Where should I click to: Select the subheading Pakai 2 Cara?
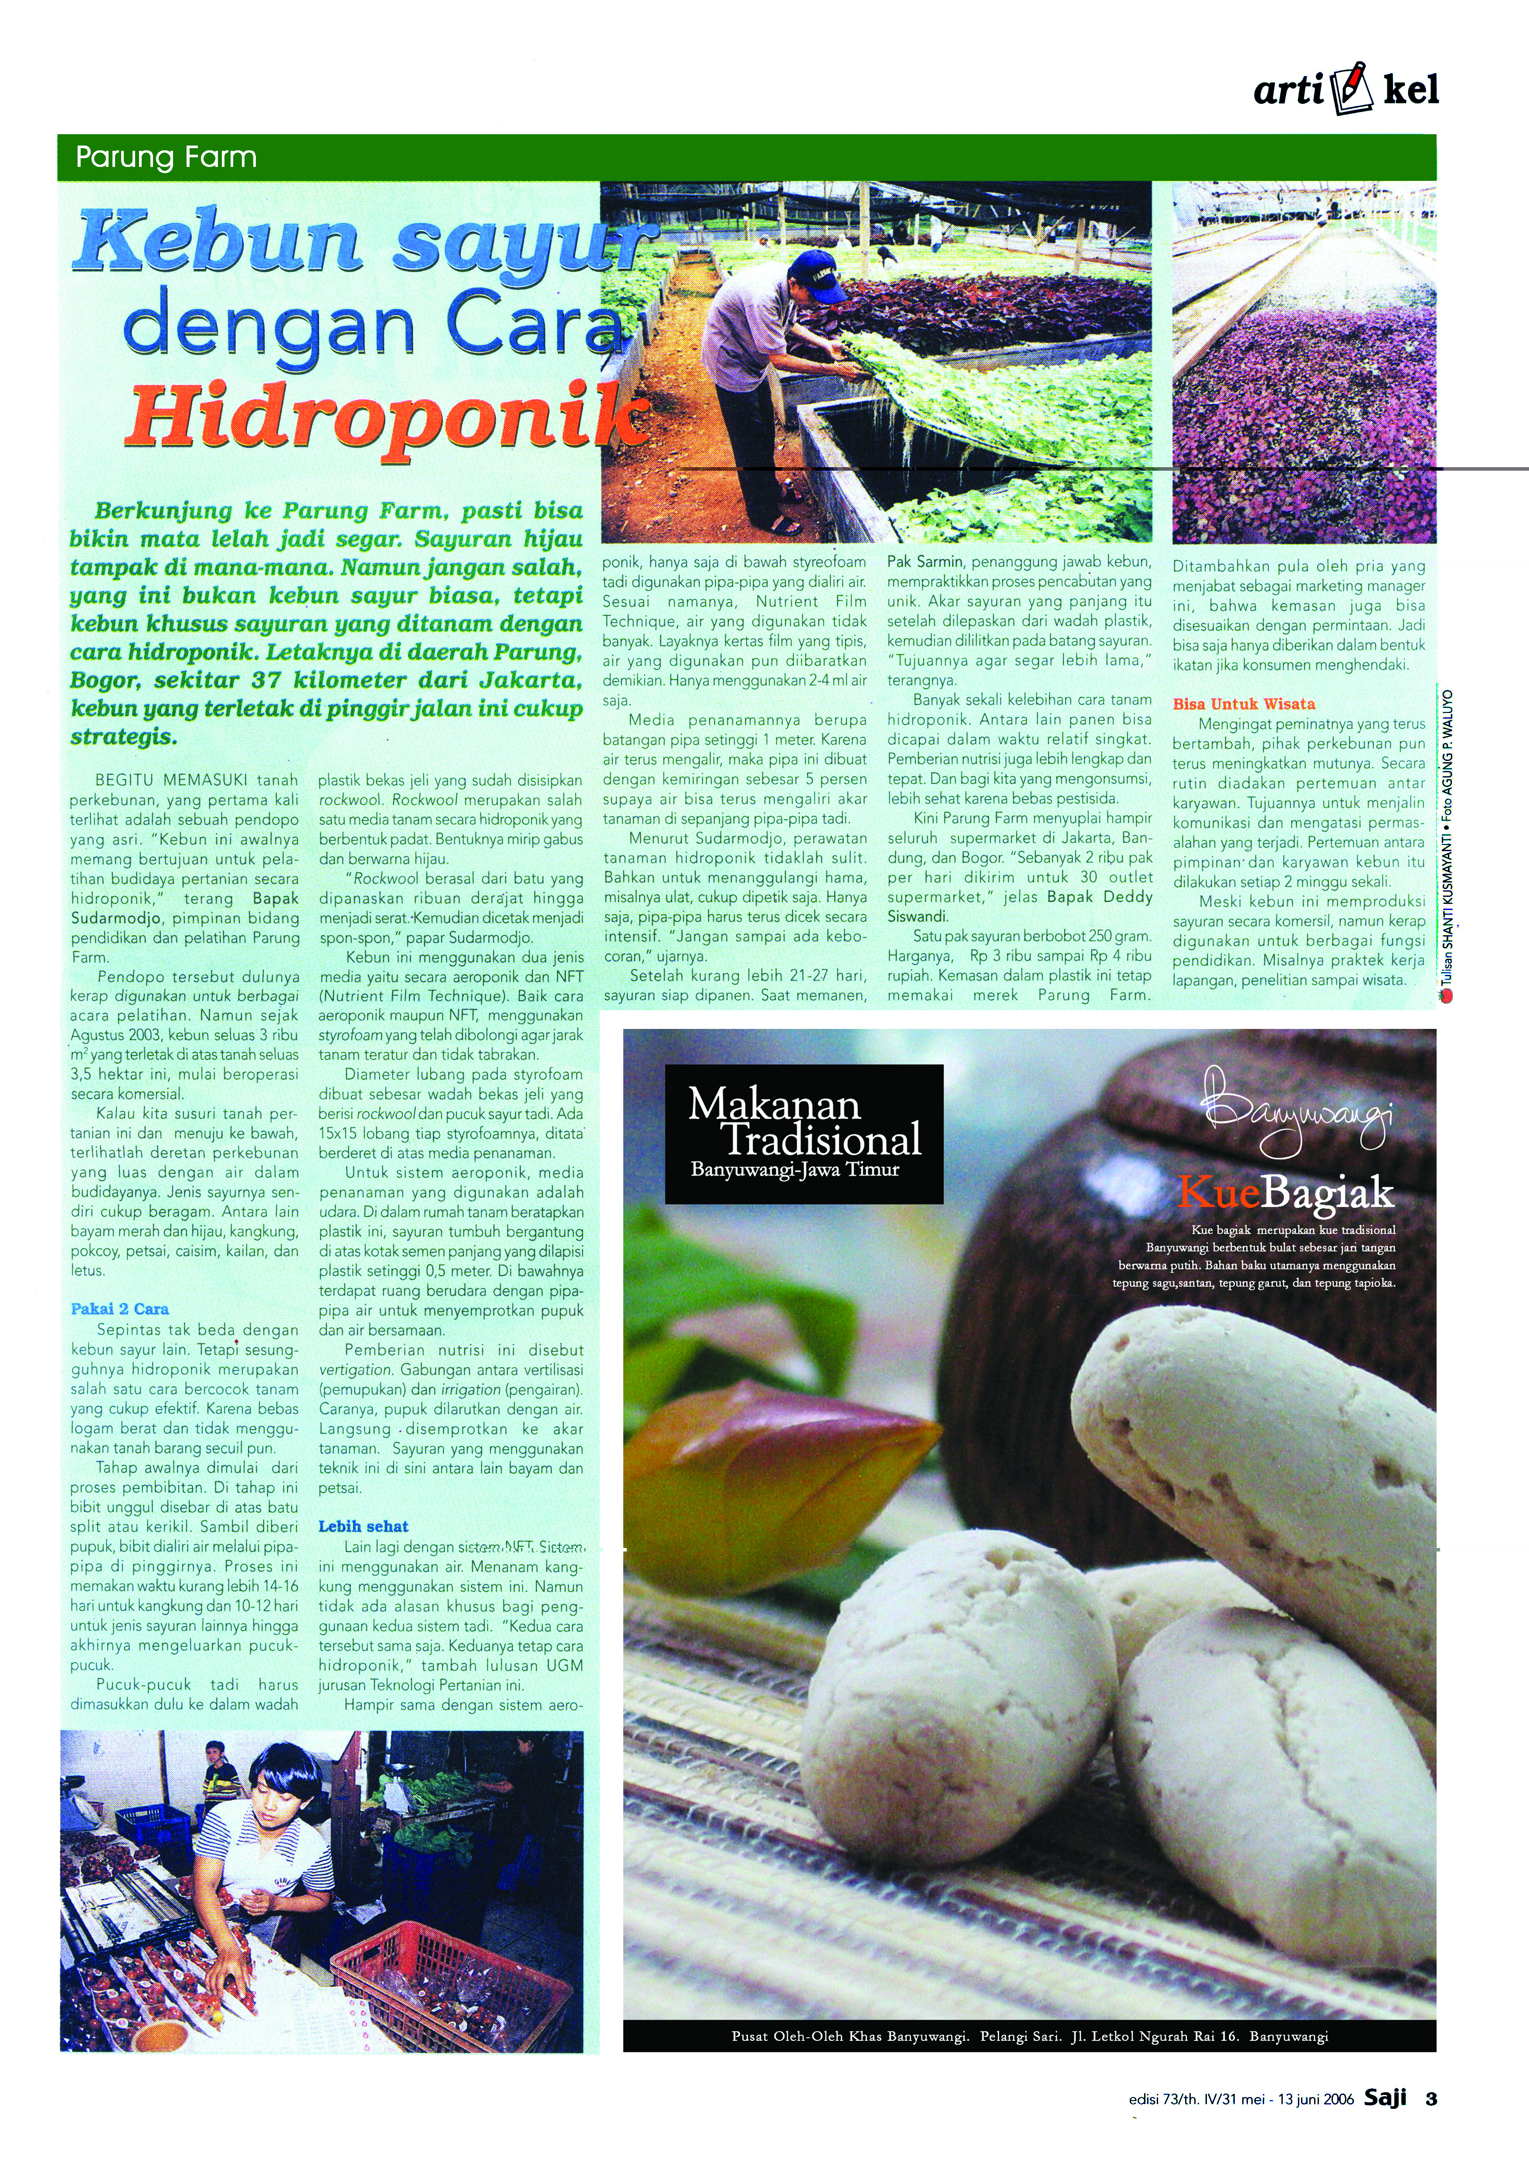[x=119, y=1309]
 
